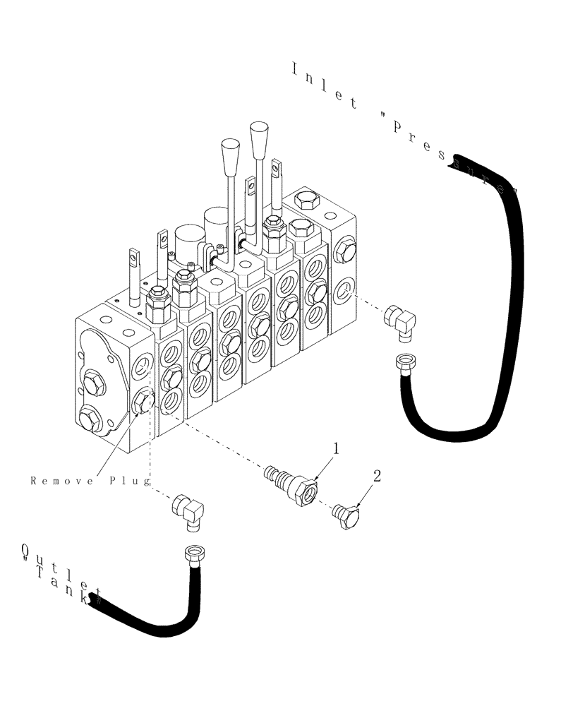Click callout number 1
[337, 448]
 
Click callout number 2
[377, 477]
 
